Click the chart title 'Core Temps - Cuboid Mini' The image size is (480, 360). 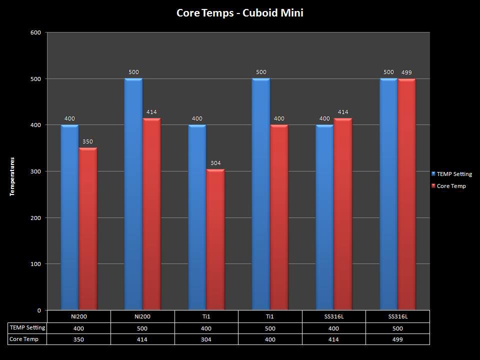click(x=239, y=13)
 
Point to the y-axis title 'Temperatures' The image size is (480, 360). click(x=12, y=176)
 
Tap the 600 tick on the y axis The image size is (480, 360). click(x=35, y=32)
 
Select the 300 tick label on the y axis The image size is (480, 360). click(x=35, y=171)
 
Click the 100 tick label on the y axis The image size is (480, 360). click(x=35, y=264)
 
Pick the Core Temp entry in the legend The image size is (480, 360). click(x=451, y=186)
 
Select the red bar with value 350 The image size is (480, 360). click(x=88, y=229)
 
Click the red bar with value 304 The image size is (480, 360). click(x=215, y=239)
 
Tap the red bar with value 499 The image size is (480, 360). click(x=406, y=194)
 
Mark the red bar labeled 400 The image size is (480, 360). click(x=279, y=217)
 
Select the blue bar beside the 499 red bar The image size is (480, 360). click(x=388, y=194)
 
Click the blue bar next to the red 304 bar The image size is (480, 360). click(x=197, y=217)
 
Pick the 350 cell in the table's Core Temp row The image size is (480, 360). click(x=78, y=339)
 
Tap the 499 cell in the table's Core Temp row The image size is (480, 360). click(x=397, y=339)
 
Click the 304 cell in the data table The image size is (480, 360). click(x=206, y=339)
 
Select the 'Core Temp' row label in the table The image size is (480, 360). click(x=24, y=339)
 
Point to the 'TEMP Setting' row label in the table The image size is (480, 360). click(x=27, y=328)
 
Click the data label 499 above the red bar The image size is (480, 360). click(x=406, y=72)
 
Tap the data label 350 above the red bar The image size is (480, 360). click(x=88, y=142)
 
